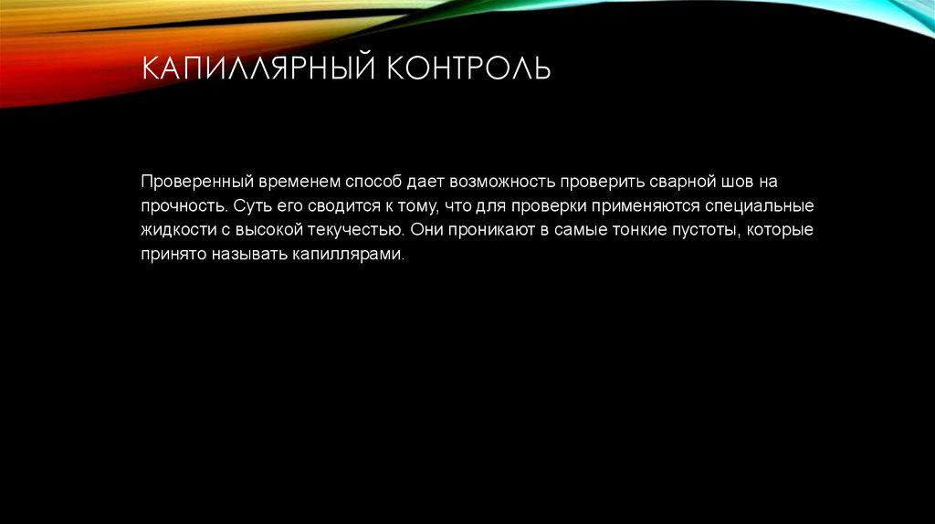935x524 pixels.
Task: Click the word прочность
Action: click(181, 205)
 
